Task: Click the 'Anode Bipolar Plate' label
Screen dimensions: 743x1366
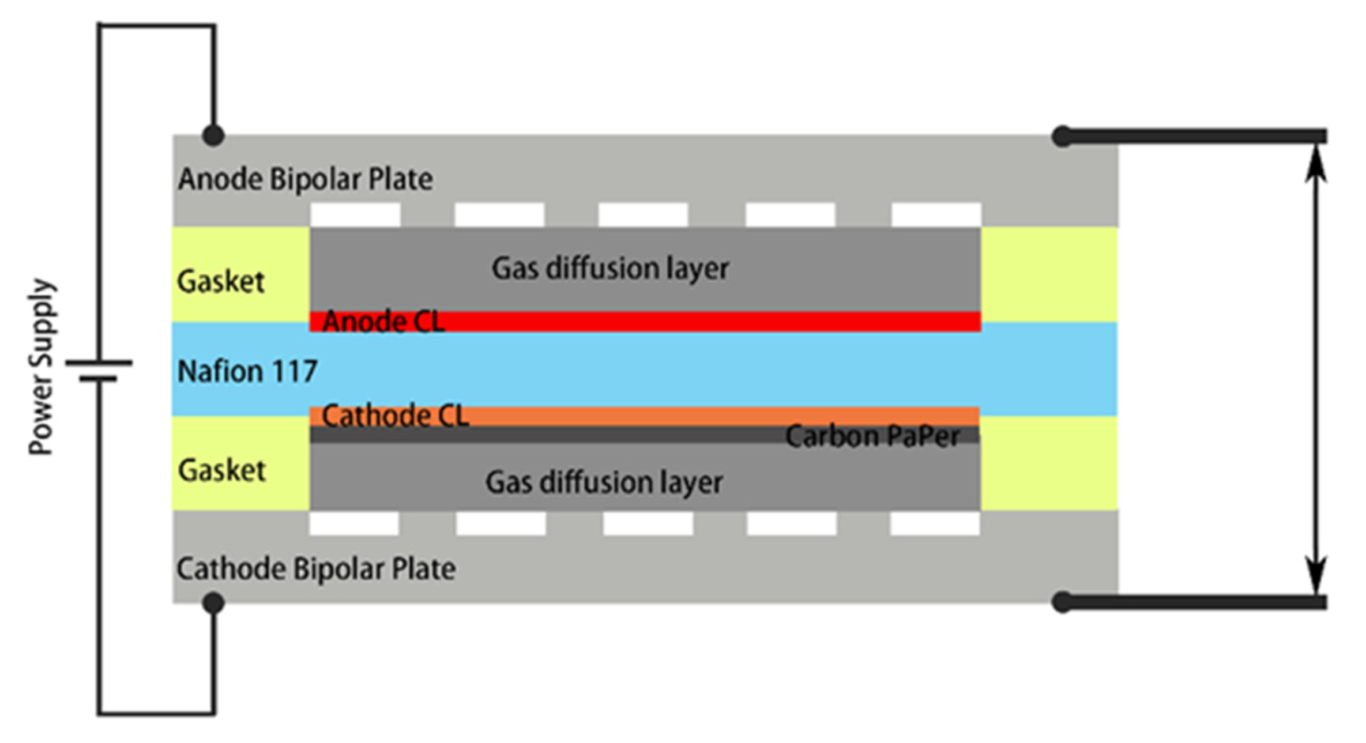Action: pos(305,179)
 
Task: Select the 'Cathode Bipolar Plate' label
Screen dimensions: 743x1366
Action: pos(316,569)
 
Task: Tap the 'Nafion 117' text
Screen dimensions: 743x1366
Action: pos(247,371)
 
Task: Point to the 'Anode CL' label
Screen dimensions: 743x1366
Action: pos(383,322)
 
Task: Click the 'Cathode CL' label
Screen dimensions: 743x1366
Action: pos(395,416)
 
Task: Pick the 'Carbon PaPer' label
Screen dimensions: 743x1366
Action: pos(872,436)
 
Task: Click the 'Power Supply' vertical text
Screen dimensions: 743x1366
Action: pos(42,367)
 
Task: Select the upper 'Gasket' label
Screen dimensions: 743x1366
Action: pos(221,282)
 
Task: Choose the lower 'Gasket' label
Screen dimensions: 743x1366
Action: pos(222,470)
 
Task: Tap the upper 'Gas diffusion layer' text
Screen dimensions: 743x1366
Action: pos(610,269)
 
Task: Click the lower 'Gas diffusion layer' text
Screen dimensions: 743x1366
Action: pos(604,482)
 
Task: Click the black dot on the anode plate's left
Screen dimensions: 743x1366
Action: pos(213,136)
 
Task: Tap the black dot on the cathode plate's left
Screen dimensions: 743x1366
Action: pos(213,603)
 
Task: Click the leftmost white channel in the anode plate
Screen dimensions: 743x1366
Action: pos(355,214)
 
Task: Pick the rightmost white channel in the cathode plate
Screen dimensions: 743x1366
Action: pos(935,524)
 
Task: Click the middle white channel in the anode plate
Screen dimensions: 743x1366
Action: pos(643,214)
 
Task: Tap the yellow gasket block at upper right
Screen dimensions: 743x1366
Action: pos(1049,274)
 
